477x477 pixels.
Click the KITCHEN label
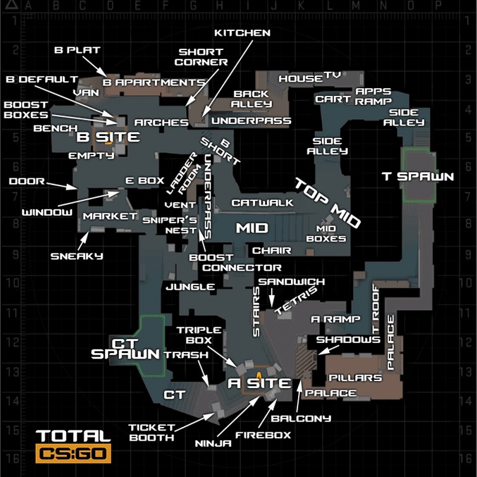tap(242, 33)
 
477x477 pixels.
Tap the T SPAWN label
tap(417, 176)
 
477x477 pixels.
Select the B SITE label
tap(108, 138)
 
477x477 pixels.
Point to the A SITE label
tap(260, 383)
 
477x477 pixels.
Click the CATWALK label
tap(262, 203)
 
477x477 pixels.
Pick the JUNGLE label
tap(190, 287)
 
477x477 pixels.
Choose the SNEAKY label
tap(77, 256)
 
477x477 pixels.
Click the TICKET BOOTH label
tap(151, 432)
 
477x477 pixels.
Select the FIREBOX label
tap(263, 435)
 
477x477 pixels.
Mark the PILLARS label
tap(355, 378)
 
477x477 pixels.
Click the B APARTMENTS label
tap(153, 82)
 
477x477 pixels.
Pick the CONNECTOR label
tap(241, 268)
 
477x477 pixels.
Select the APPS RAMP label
tap(373, 96)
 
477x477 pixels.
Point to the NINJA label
tap(213, 443)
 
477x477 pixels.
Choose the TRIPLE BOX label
tap(199, 335)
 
